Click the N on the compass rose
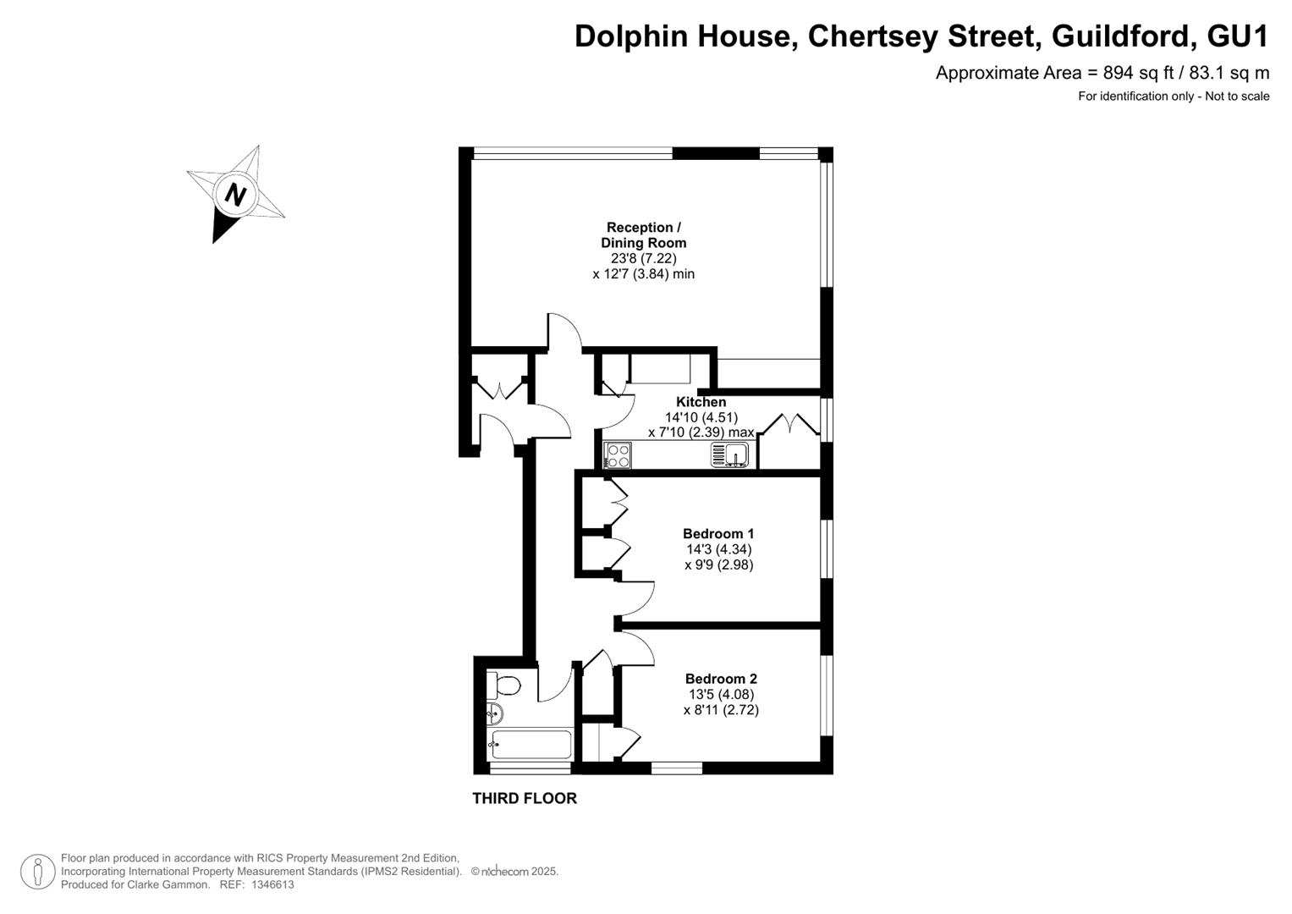(x=235, y=195)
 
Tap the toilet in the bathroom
(x=503, y=686)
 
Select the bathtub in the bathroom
(x=531, y=745)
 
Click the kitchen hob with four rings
(x=617, y=455)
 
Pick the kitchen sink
(x=729, y=454)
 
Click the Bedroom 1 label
(x=718, y=533)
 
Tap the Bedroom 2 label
(x=721, y=679)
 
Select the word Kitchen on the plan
(x=701, y=402)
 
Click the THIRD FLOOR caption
(x=525, y=798)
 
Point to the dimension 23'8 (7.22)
(x=644, y=258)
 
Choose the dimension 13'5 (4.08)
(x=721, y=694)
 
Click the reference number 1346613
(x=272, y=884)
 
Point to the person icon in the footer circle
(x=38, y=872)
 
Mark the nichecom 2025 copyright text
(x=515, y=872)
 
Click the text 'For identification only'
(x=1135, y=96)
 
